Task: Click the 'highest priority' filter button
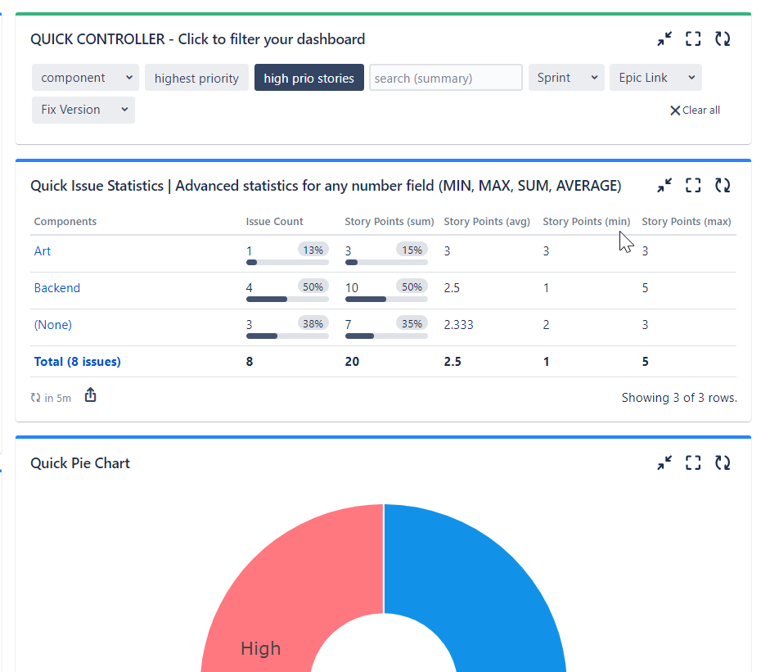coord(196,79)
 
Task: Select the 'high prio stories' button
coord(308,79)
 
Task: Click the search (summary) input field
coord(445,79)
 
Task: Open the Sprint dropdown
coord(565,78)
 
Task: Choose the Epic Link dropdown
coord(655,78)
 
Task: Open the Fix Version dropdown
coord(83,110)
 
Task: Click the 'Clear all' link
coord(695,110)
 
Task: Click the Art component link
coord(43,251)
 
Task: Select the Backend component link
coord(57,288)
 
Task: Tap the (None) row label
coord(53,325)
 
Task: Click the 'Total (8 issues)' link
coord(77,362)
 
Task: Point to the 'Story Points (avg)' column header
coord(487,222)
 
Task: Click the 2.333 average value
coord(458,325)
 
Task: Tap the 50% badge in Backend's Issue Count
coord(313,286)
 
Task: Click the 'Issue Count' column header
coord(274,222)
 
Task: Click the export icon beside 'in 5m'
coord(91,396)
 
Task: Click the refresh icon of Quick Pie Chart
coord(722,463)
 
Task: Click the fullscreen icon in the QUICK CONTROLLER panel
coord(693,39)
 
